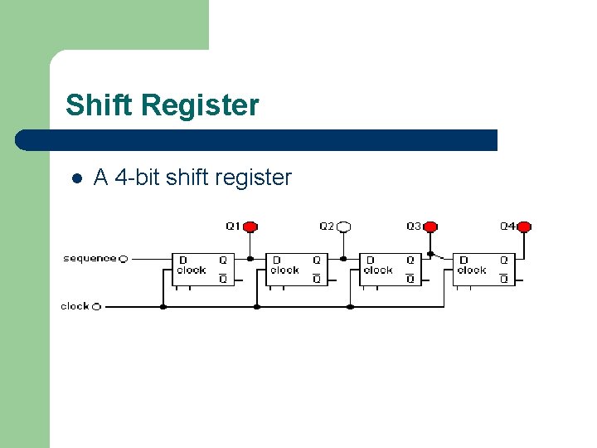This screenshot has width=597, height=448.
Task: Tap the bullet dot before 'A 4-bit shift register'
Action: pyautogui.click(x=75, y=178)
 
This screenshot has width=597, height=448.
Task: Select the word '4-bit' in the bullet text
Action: pyautogui.click(x=138, y=177)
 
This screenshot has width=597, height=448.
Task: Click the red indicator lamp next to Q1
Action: pyautogui.click(x=250, y=226)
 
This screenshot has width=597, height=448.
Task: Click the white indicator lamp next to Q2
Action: pyautogui.click(x=344, y=226)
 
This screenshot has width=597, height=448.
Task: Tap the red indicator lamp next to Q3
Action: pyautogui.click(x=430, y=226)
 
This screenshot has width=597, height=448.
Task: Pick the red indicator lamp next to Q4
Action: pyautogui.click(x=523, y=226)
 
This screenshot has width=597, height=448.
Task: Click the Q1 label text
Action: pyautogui.click(x=233, y=226)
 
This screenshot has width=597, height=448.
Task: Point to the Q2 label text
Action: pyautogui.click(x=327, y=226)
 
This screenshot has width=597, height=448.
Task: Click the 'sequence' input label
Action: pyautogui.click(x=90, y=258)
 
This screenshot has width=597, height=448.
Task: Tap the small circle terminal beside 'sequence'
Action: pyautogui.click(x=124, y=259)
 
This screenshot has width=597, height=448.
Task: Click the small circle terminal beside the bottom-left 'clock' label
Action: pyautogui.click(x=96, y=306)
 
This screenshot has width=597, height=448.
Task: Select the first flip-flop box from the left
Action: pyautogui.click(x=202, y=270)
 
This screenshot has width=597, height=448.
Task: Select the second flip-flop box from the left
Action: pyautogui.click(x=296, y=270)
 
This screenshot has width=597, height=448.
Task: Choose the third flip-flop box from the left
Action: pyautogui.click(x=390, y=270)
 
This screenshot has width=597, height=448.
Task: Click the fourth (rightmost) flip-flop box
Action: pyautogui.click(x=483, y=270)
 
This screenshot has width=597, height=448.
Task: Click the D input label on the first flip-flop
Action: pyautogui.click(x=183, y=260)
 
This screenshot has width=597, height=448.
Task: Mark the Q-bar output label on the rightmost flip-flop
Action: pyautogui.click(x=504, y=279)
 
